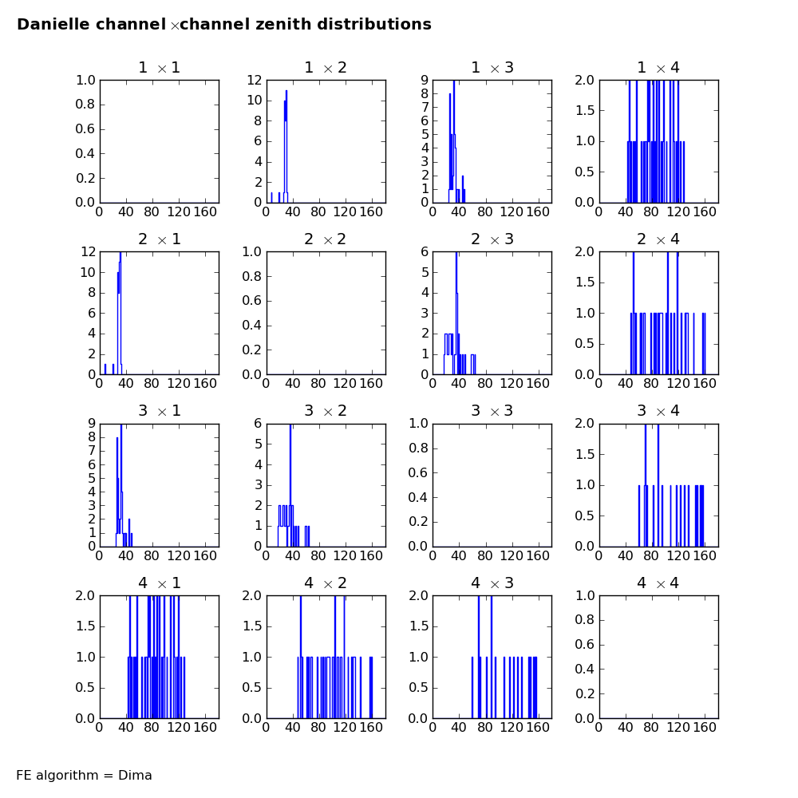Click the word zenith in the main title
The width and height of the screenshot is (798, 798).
click(x=282, y=25)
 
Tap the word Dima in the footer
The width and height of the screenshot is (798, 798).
click(x=135, y=775)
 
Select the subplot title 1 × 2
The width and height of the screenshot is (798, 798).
click(x=326, y=68)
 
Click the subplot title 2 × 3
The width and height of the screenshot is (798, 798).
click(x=492, y=239)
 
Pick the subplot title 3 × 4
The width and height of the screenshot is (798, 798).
click(x=658, y=411)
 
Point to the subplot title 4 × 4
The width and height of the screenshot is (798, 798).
click(x=658, y=583)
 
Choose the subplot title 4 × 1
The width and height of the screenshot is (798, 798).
click(x=160, y=583)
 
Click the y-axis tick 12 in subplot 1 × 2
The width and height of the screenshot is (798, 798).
click(x=255, y=80)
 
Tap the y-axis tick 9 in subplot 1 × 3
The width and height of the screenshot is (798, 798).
click(x=425, y=80)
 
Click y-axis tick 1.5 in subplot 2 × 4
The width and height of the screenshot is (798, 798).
click(x=584, y=282)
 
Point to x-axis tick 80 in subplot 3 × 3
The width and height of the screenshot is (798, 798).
click(x=484, y=555)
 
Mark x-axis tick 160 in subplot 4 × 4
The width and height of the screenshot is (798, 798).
click(x=705, y=728)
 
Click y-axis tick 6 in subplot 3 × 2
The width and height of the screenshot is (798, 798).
click(x=258, y=424)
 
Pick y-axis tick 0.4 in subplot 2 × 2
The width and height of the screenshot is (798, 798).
click(x=251, y=326)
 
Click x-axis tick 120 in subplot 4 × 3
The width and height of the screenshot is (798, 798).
click(x=511, y=728)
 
